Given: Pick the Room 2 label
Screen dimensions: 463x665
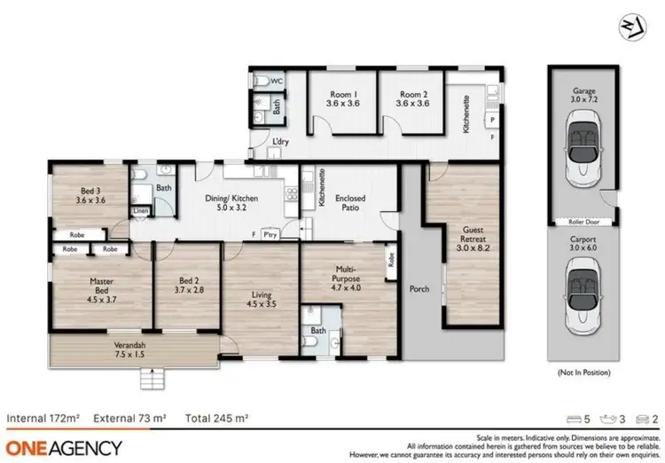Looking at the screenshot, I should click(x=412, y=98).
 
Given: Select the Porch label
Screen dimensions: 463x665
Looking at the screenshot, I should click(x=419, y=289).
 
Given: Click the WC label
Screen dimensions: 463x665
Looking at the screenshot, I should click(x=276, y=82).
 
